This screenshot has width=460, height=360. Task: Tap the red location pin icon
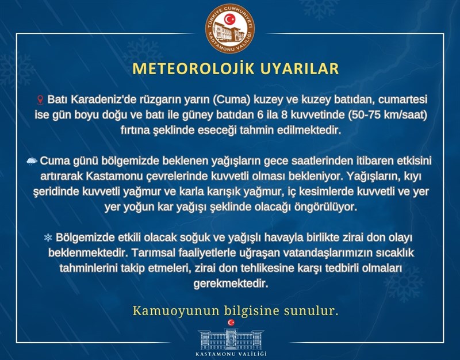tap(41, 100)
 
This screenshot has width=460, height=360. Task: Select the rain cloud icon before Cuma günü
tap(32, 161)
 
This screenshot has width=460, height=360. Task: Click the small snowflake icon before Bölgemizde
tap(48, 238)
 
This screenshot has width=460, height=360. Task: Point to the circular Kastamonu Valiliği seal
tap(229, 28)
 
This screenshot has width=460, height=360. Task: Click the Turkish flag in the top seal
tap(229, 20)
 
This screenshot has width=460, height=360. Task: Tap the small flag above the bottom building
tap(231, 323)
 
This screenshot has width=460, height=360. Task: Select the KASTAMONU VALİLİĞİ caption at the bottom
tap(231, 354)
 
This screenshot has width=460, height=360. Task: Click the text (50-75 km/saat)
tap(387, 115)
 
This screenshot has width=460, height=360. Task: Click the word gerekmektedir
tap(231, 284)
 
